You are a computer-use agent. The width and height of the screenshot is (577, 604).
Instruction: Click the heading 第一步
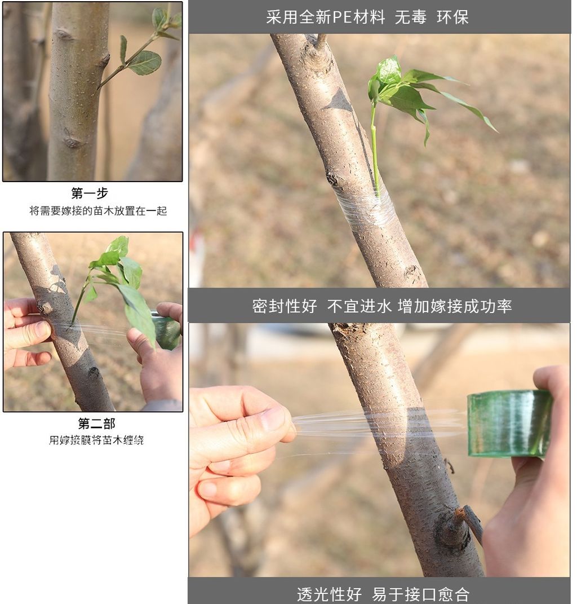(89, 193)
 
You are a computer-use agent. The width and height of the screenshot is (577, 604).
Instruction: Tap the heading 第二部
(96, 424)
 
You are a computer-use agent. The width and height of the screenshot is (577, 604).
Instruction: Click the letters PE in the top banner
(341, 17)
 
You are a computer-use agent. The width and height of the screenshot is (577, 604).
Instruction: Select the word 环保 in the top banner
(452, 17)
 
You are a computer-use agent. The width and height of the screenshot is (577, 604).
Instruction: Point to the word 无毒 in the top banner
(411, 17)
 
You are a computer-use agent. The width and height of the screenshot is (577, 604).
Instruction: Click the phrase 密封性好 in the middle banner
(285, 306)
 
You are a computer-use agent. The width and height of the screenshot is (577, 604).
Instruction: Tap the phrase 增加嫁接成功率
(455, 306)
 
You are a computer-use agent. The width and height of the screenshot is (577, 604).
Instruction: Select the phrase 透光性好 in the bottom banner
(329, 594)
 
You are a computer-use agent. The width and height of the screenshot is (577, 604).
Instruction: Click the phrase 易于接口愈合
(421, 594)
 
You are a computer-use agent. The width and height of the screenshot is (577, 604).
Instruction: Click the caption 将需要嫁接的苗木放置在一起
(98, 211)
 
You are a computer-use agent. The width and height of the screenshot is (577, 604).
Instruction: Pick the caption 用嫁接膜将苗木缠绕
(96, 440)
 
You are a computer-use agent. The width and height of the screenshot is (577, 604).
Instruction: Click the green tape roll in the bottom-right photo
(509, 424)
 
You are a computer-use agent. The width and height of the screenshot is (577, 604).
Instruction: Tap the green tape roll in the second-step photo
(166, 330)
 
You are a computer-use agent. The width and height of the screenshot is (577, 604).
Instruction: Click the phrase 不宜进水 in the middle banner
(359, 306)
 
